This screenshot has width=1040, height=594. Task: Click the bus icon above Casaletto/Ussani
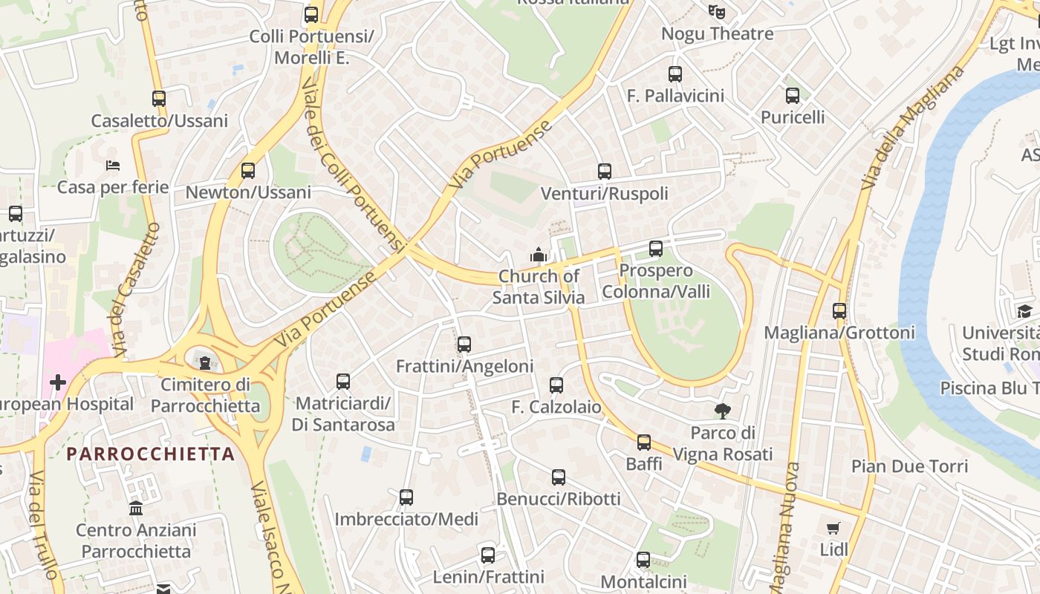[158, 98]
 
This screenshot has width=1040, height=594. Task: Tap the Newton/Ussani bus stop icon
[248, 171]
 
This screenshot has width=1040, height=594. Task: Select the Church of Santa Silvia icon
[539, 255]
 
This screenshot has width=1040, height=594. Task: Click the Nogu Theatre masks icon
[717, 11]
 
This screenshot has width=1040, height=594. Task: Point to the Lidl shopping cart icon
[833, 528]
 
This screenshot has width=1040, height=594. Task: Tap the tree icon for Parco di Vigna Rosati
[722, 411]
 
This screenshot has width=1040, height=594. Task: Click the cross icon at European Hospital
[58, 382]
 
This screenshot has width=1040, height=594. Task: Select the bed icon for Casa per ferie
[113, 165]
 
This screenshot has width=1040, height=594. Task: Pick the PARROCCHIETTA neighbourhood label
[151, 454]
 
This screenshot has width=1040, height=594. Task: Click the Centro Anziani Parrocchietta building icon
[136, 509]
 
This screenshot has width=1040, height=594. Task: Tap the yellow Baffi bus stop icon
[643, 443]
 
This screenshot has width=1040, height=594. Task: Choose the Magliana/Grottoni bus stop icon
[839, 310]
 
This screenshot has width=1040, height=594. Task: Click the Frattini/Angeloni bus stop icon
[464, 344]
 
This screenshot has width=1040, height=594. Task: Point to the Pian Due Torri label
[909, 466]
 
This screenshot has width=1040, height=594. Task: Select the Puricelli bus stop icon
[793, 95]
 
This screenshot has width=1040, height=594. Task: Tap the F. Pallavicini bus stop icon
[675, 74]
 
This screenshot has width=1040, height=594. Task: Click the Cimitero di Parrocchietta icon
[205, 362]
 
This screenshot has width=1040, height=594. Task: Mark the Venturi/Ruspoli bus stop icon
[605, 172]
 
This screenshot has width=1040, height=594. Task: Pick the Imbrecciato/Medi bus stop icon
[406, 497]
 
